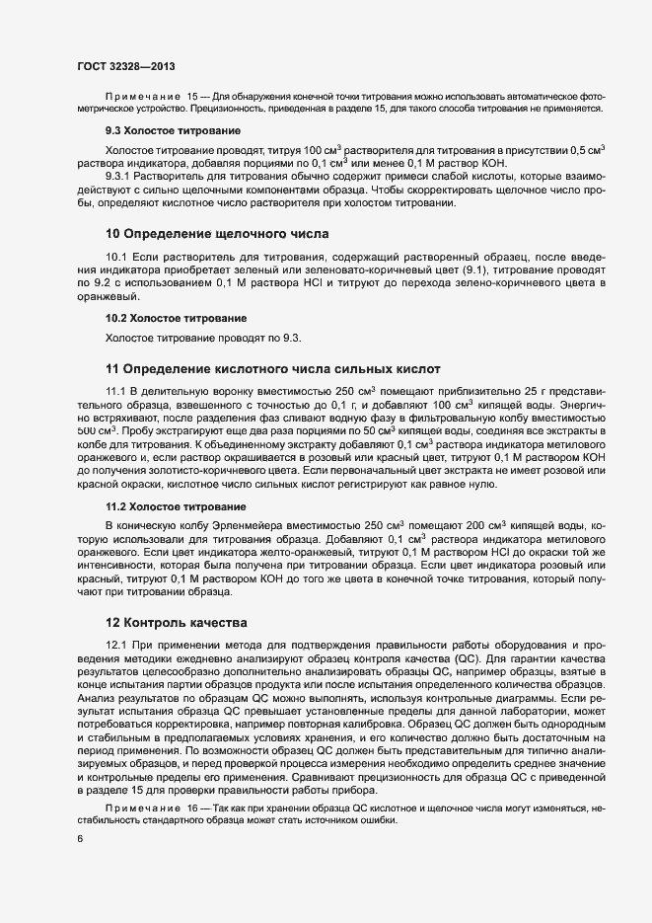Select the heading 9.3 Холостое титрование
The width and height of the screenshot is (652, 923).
pyautogui.click(x=173, y=130)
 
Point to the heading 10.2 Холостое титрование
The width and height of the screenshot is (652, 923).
pyautogui.click(x=177, y=318)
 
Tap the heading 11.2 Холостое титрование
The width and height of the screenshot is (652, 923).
pyautogui.click(x=177, y=505)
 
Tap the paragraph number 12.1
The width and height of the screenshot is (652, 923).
pyautogui.click(x=117, y=645)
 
